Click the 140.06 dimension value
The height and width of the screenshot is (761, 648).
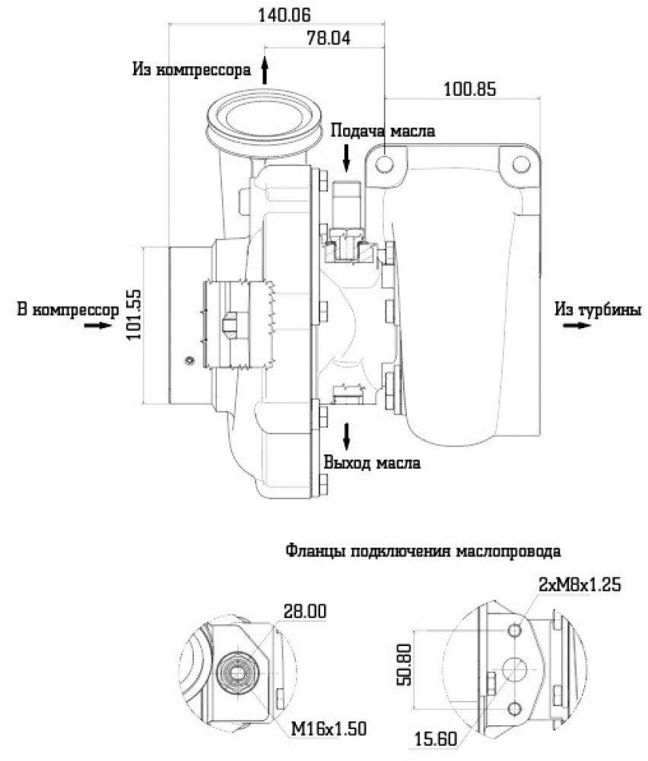tap(284, 15)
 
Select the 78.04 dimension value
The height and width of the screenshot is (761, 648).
tap(329, 38)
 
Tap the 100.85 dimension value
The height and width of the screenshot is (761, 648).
tap(470, 89)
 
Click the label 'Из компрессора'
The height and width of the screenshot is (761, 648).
tap(192, 70)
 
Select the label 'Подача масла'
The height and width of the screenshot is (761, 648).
tap(383, 131)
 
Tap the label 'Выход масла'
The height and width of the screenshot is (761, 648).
tap(372, 463)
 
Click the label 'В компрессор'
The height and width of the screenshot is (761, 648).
tap(68, 310)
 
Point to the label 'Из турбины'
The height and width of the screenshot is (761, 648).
tap(599, 309)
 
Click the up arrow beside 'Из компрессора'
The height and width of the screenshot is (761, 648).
tap(265, 70)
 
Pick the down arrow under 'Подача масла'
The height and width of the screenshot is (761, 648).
tap(346, 158)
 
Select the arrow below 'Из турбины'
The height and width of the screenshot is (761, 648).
tap(577, 325)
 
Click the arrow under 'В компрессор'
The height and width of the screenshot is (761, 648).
tap(98, 325)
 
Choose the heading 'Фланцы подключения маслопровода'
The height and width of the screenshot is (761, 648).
tap(424, 551)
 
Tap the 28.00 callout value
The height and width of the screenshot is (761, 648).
tap(304, 612)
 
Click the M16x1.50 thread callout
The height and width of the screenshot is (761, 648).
tap(329, 728)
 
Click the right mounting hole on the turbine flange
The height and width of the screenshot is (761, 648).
tap(521, 164)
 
